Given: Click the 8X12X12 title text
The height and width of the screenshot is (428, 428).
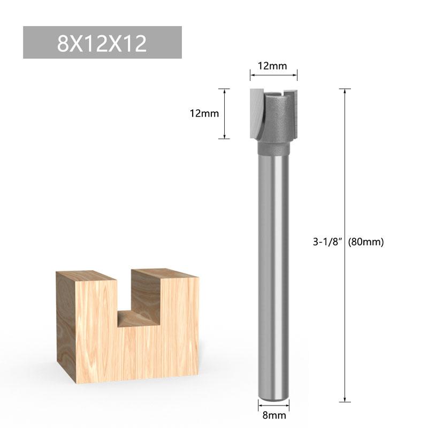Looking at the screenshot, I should pos(102,43).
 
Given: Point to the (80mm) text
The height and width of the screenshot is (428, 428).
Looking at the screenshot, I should pos(366,241).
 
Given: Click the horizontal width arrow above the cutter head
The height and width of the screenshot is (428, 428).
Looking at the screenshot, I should pos(273,77).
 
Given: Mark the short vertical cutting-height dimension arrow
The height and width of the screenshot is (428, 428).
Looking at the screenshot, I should pos(224,113).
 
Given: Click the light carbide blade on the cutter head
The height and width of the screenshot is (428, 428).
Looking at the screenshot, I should pos(256,112).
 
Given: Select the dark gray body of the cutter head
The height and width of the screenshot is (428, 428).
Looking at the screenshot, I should pos(281,120).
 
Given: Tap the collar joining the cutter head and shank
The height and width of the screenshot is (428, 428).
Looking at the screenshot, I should pos(274,147).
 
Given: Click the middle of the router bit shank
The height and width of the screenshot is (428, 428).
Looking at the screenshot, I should pos(274,267).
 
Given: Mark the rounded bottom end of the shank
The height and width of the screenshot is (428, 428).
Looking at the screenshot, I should pos(274,396).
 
